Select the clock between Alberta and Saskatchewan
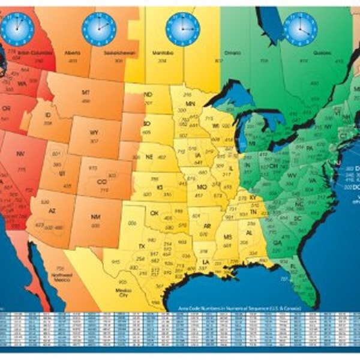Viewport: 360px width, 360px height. [x=98, y=27]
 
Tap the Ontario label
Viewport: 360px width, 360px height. [x=233, y=52]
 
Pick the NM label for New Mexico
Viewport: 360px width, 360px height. [x=95, y=215]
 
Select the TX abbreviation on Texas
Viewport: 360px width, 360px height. [x=142, y=247]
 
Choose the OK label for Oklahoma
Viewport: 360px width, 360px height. [x=154, y=212]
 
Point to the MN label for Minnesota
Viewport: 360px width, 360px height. [x=190, y=104]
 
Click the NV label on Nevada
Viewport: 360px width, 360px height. [x=21, y=154]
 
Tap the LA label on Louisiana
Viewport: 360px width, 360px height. [x=206, y=262]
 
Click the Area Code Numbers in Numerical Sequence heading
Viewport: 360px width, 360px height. [x=239, y=308]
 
